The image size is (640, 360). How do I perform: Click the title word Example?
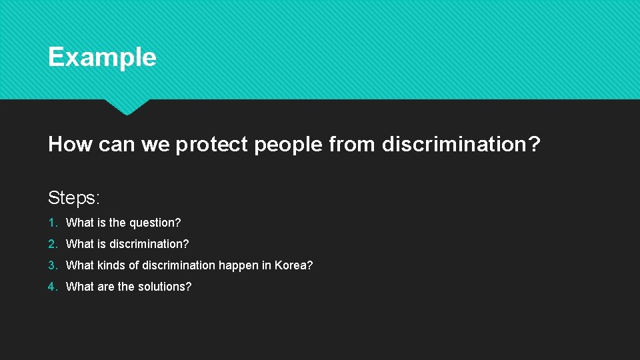coord(102,57)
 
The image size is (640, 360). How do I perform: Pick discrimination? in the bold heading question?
coord(461,144)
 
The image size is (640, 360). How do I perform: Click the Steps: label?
coord(74,198)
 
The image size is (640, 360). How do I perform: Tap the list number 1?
coord(51,223)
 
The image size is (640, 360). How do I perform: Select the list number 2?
coord(51,244)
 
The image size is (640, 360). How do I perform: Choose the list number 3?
coord(51,265)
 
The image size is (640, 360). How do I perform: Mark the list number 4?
coord(51,287)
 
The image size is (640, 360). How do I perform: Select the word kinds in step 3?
coord(111,265)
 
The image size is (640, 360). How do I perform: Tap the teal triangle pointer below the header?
coord(127,107)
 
